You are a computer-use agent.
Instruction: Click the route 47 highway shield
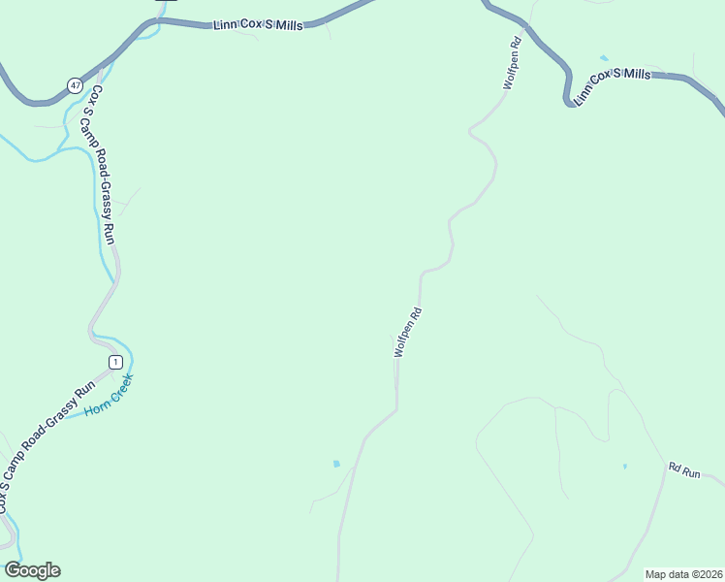75,85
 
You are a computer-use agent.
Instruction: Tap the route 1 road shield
115,362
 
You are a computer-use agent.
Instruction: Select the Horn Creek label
108,396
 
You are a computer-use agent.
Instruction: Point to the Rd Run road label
684,469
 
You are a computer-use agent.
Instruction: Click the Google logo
32,570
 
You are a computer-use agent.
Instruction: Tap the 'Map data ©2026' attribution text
682,573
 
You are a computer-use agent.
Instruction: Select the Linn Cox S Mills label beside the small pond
612,86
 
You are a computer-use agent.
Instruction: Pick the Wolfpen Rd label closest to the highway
513,64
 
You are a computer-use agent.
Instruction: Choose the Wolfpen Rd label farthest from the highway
408,333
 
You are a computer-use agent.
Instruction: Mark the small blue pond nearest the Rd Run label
625,467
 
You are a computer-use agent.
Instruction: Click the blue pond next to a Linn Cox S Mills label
605,58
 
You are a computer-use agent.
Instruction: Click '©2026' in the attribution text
703,573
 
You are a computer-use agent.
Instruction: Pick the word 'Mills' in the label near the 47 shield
288,26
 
